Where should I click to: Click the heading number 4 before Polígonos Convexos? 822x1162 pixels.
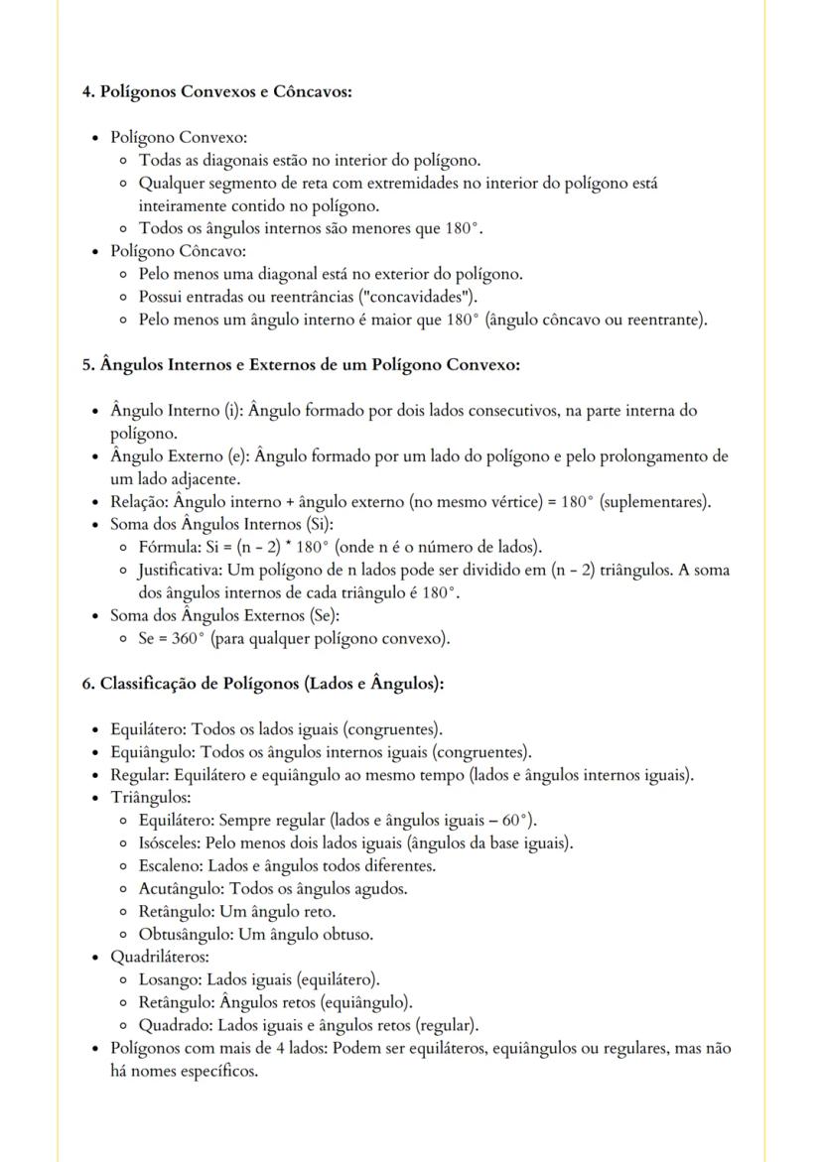(86, 91)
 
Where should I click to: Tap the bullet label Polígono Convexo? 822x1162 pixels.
(179, 137)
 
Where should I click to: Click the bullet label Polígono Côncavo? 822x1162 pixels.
(178, 251)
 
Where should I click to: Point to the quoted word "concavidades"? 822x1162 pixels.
(420, 297)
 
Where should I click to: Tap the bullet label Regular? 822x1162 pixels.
(140, 774)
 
